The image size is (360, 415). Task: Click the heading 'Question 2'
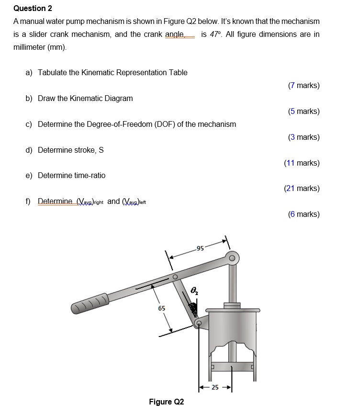coord(33,8)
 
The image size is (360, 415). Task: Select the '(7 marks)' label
coord(304,86)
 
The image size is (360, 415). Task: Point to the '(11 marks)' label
coord(302,163)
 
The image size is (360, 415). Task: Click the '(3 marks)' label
coord(304,137)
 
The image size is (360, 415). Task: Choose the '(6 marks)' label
coord(304,214)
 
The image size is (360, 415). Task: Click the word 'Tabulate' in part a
coord(53,73)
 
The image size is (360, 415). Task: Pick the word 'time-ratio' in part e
coord(90,176)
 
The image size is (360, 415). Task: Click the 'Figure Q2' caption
coord(166,402)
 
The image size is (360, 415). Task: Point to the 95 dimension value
coord(200,248)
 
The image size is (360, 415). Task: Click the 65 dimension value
coord(162,308)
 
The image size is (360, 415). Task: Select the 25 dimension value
coord(215,387)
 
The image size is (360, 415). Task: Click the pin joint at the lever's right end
coord(232,258)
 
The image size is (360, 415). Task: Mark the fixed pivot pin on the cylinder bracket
coord(199,324)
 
